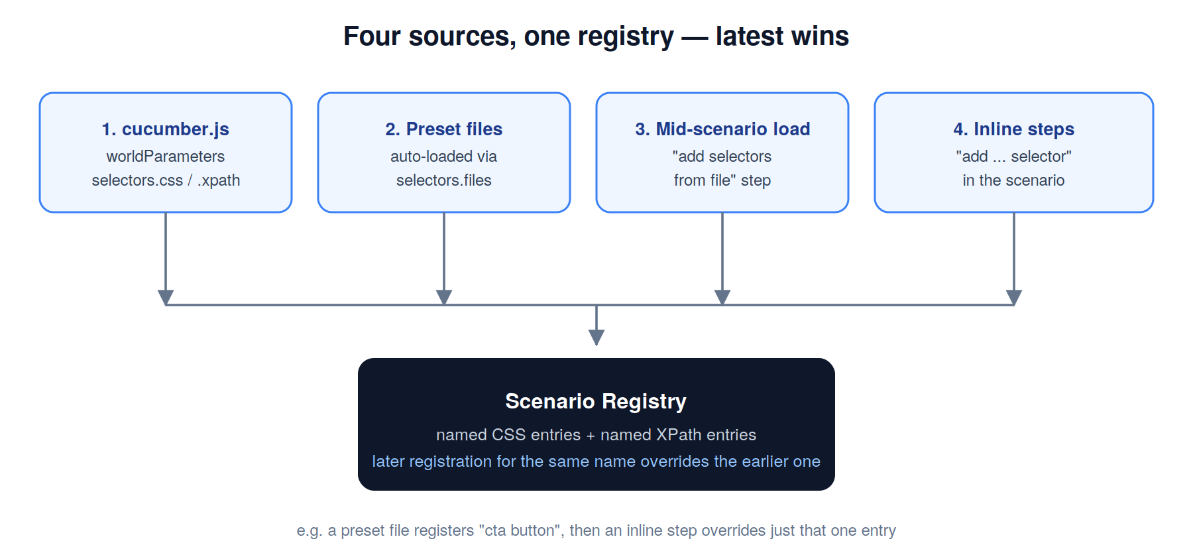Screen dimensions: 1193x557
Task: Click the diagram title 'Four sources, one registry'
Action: pos(508,36)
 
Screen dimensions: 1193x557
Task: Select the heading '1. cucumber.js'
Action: pos(166,129)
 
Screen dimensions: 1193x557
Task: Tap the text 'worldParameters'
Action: pos(166,156)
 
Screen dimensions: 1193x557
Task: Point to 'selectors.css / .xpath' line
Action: pos(166,180)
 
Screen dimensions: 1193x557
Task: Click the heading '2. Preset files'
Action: pos(444,129)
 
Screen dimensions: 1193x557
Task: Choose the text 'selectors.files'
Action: pos(444,180)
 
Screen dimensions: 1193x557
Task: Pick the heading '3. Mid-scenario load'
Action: pos(722,129)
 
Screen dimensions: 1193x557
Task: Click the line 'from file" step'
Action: pos(722,180)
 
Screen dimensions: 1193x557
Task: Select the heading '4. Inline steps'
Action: pos(1014,129)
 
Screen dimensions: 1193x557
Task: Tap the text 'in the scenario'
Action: pos(1014,180)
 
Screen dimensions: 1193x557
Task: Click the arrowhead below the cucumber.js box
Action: pos(166,297)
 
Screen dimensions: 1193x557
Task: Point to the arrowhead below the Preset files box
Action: pos(444,297)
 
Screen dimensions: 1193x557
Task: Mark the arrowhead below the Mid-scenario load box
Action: pos(722,297)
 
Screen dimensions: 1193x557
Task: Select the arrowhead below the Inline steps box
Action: pos(1014,297)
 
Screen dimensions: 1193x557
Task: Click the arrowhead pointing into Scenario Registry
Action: pos(596,338)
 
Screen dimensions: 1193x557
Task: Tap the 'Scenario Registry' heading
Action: pos(596,401)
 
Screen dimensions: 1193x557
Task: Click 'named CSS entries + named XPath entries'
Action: pos(596,434)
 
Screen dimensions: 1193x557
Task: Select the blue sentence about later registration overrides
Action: pos(596,461)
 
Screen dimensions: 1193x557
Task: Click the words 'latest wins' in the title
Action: pos(782,36)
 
